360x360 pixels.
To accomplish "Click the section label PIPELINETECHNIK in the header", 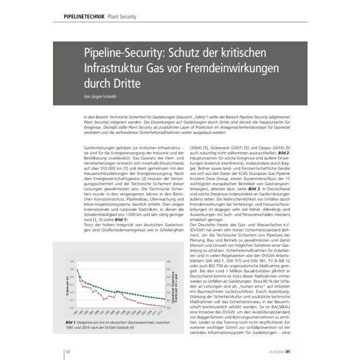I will [79, 16].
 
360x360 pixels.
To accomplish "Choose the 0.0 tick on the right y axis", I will [169, 308].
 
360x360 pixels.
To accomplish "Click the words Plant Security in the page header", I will [122, 16].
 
